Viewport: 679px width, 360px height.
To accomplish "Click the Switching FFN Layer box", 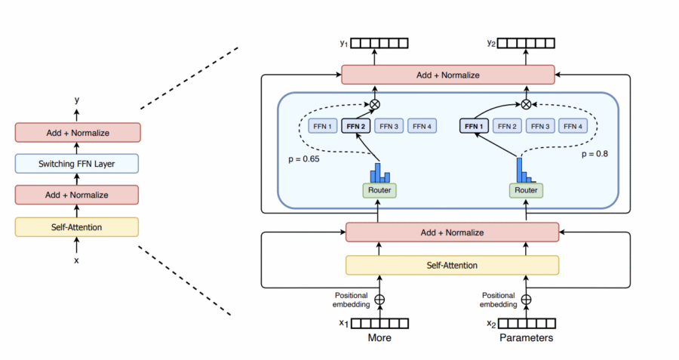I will point(77,164).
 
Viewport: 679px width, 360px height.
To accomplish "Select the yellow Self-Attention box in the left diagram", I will point(77,226).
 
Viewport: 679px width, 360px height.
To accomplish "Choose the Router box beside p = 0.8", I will point(526,191).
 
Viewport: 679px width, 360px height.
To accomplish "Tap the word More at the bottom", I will point(379,338).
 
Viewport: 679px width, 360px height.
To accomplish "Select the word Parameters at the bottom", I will point(526,338).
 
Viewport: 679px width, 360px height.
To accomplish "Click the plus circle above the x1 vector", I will point(379,299).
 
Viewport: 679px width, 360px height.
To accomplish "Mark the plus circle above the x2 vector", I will point(526,299).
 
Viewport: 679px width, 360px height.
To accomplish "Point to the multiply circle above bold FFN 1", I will point(526,103).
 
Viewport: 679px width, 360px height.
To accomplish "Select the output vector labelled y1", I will point(379,43).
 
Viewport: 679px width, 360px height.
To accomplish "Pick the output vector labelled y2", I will point(526,43).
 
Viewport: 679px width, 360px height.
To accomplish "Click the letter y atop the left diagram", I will point(75,99).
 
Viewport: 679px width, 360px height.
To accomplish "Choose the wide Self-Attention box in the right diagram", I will point(452,265).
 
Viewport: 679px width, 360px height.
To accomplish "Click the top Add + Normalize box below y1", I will point(448,75).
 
